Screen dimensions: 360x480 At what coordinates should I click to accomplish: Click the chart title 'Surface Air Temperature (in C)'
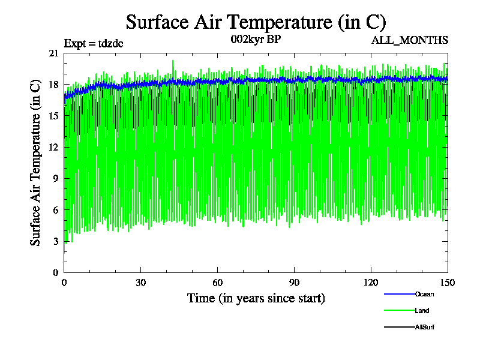tap(256, 22)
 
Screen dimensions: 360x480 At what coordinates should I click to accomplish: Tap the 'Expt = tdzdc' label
tap(94, 43)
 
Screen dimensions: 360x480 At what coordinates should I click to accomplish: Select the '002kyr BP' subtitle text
tap(256, 40)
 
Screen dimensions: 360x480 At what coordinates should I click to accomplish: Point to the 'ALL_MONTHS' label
tap(410, 40)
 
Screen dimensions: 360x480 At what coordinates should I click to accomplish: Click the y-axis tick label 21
tap(53, 53)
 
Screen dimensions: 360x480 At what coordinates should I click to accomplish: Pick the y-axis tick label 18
tap(53, 85)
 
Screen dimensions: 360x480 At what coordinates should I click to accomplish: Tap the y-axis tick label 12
tap(53, 148)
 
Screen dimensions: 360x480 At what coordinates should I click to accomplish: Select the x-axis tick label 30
tap(141, 283)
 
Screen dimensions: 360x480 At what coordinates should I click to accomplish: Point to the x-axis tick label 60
tap(218, 283)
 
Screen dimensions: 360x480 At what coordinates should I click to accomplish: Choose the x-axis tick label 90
tap(295, 283)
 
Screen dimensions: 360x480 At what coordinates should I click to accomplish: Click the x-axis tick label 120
tap(371, 283)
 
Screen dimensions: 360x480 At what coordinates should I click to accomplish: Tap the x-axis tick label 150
tap(448, 283)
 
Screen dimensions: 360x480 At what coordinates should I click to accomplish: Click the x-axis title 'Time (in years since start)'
tap(256, 298)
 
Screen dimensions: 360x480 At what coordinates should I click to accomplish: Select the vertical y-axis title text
tap(35, 163)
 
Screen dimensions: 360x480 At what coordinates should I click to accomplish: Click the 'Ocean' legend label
tap(424, 294)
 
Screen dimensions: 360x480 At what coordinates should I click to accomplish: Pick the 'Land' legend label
tap(422, 311)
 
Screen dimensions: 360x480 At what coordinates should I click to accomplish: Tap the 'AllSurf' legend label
tap(425, 327)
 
